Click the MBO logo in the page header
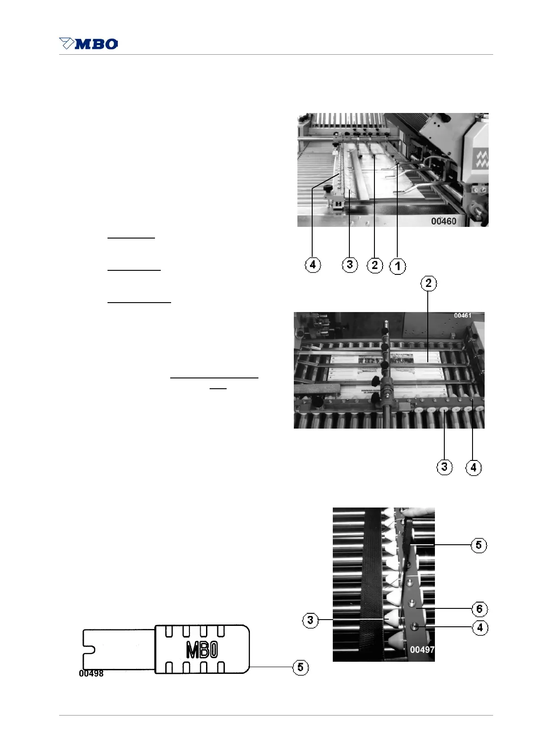click(x=89, y=43)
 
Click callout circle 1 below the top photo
click(x=398, y=266)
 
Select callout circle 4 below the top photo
click(x=313, y=265)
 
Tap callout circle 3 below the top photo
click(x=350, y=265)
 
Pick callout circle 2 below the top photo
click(x=375, y=265)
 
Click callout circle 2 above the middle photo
click(x=429, y=283)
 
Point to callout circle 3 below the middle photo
click(x=444, y=467)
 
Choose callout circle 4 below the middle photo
click(x=473, y=468)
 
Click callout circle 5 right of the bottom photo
click(x=478, y=545)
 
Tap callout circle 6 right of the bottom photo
click(x=479, y=609)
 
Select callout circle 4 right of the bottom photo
click(x=480, y=627)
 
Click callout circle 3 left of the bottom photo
click(x=310, y=620)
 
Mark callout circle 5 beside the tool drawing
click(x=300, y=667)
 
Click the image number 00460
click(x=443, y=221)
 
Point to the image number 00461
click(x=463, y=316)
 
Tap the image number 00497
click(x=422, y=649)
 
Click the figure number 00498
click(x=91, y=673)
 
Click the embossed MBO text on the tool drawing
click(x=202, y=650)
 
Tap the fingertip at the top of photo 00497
click(x=419, y=512)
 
